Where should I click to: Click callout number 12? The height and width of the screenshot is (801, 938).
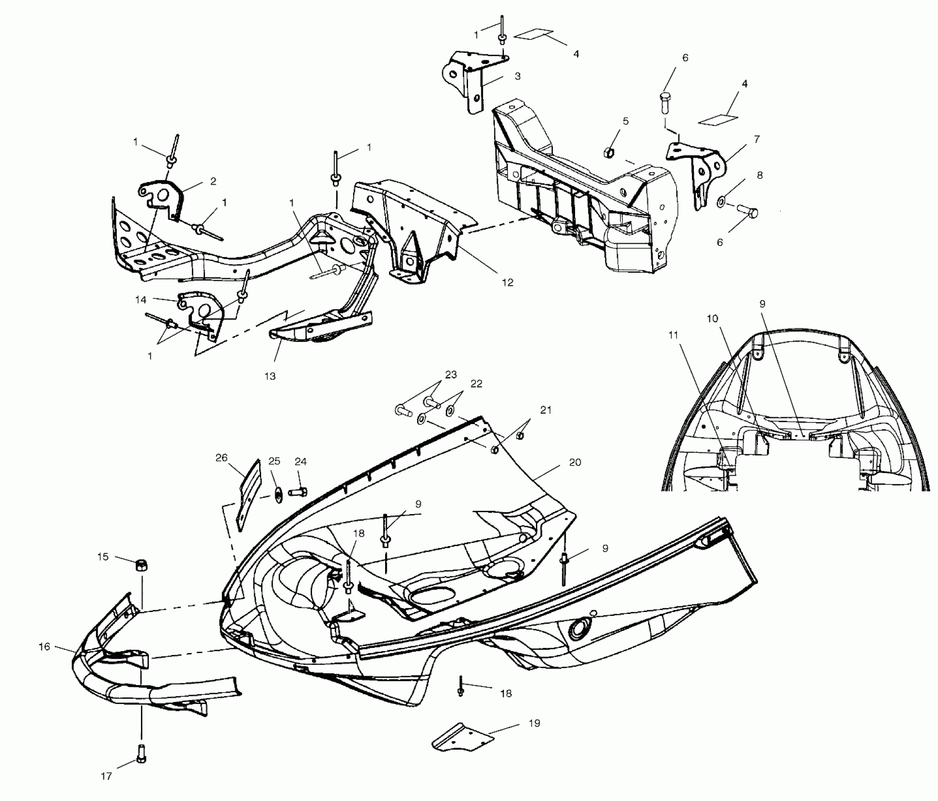[x=507, y=283]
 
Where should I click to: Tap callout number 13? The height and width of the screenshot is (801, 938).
[x=270, y=376]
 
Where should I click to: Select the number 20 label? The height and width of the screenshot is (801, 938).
[x=575, y=463]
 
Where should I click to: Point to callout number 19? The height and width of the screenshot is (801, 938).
[x=534, y=723]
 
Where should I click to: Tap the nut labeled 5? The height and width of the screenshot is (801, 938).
[x=609, y=152]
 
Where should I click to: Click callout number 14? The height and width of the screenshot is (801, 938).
[x=140, y=300]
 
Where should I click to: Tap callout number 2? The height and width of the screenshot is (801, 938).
[x=213, y=181]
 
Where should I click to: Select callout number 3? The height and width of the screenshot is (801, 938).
[x=518, y=76]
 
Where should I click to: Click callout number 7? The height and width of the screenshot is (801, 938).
[x=757, y=139]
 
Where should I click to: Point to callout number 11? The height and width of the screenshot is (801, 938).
[x=673, y=335]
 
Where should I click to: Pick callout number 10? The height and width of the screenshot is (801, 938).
[x=712, y=319]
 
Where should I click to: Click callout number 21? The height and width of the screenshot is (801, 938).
[x=545, y=410]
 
